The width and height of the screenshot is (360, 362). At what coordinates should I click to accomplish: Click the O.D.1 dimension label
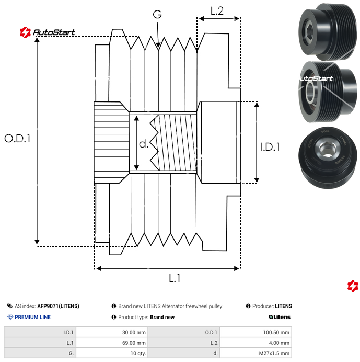18,139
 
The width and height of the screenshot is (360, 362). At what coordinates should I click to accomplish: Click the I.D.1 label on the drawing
270,147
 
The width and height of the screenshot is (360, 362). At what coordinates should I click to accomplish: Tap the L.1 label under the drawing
175,279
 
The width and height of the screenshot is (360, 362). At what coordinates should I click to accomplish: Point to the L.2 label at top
217,10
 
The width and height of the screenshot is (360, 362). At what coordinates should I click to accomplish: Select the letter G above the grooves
157,15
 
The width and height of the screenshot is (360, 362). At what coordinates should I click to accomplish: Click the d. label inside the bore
144,143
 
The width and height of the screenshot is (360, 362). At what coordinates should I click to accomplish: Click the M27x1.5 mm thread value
274,353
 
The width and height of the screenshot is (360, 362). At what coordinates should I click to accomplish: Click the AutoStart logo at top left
48,32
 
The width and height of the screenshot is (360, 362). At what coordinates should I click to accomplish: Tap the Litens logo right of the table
280,317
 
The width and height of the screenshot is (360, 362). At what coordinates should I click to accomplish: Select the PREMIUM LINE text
33,317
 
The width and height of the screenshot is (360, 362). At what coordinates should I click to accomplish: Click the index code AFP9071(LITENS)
58,306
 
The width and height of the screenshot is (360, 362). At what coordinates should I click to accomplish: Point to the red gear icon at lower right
353,286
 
